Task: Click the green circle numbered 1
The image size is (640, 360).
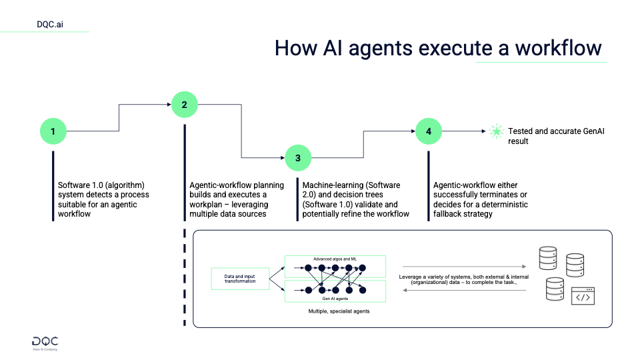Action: (x=53, y=131)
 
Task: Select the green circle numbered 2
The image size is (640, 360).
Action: (x=184, y=104)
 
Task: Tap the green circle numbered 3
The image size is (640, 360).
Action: (x=298, y=158)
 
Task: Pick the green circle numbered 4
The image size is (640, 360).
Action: (x=429, y=131)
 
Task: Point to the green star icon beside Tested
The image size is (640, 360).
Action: (x=495, y=131)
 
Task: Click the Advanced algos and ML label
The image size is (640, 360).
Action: (x=335, y=259)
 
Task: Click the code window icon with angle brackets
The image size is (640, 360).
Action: (x=582, y=297)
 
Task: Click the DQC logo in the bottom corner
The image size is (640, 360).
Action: (x=45, y=341)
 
